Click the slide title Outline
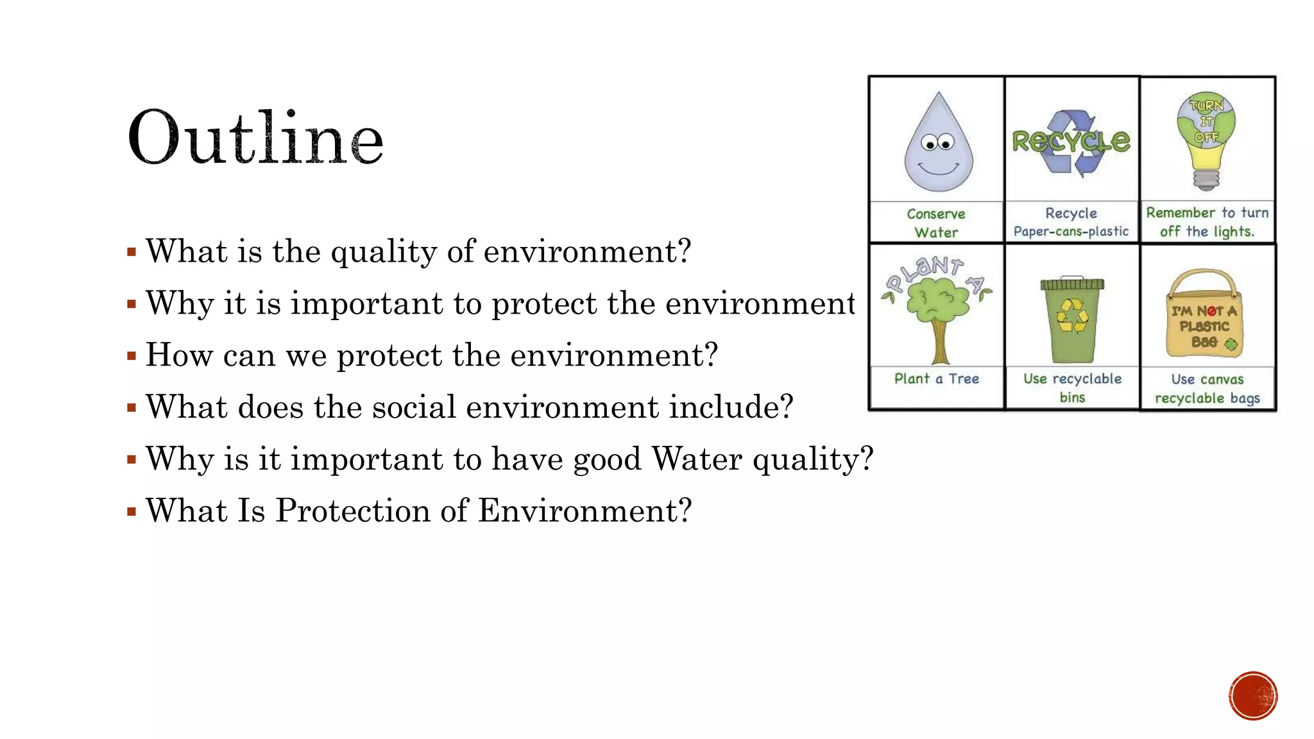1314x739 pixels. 255,137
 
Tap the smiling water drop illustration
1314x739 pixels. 938,144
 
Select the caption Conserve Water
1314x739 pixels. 936,223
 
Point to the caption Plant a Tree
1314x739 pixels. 937,378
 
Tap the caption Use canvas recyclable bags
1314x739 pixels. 1207,389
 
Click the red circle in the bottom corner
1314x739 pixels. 1253,696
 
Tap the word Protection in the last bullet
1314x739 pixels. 352,511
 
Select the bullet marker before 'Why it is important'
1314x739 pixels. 132,304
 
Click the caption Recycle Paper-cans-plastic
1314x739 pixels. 1071,222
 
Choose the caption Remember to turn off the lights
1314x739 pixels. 1207,222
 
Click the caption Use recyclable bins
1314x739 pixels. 1072,387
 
